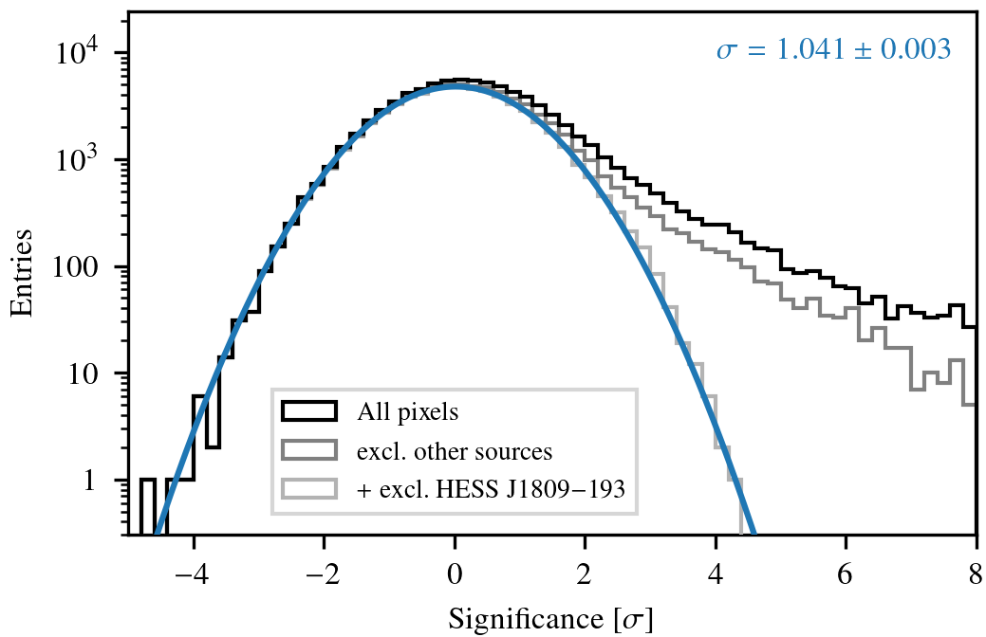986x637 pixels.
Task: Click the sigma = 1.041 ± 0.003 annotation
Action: coord(833,50)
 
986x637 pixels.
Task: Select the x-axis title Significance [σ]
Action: coord(550,621)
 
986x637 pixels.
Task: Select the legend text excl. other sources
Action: coord(455,450)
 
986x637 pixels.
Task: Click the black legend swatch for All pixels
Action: coord(308,411)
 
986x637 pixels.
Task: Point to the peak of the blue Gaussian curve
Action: coord(456,86)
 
